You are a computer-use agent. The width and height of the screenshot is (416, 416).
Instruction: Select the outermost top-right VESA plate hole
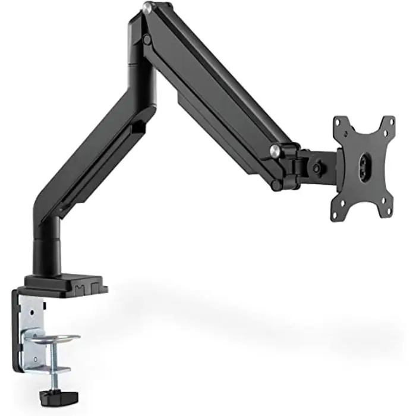coord(389,121)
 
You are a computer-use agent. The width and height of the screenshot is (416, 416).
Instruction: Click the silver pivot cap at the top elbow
coord(146,8)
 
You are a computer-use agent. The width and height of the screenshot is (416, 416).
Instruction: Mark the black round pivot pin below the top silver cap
coord(146,39)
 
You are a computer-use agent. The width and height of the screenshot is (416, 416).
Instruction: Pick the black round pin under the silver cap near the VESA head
coord(276,184)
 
